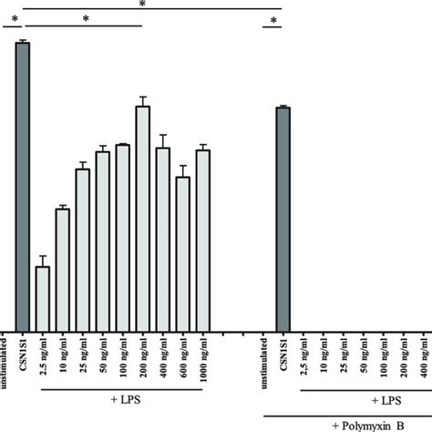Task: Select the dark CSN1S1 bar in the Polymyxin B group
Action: point(283,219)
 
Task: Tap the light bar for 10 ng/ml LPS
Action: point(62,269)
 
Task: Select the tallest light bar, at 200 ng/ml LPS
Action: point(142,218)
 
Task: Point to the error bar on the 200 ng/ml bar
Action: point(142,100)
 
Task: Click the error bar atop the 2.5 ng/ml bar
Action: point(42,262)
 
